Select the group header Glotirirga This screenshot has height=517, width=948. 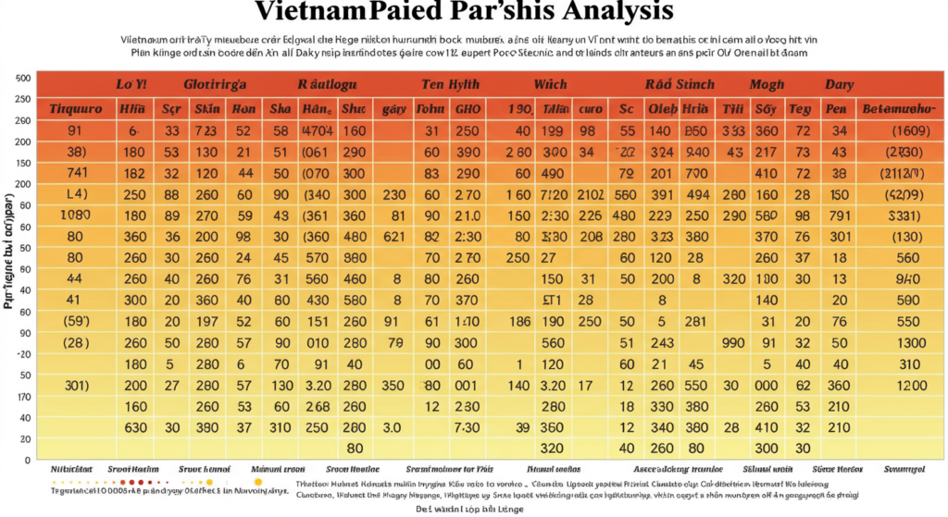(215, 84)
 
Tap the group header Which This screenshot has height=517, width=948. (550, 84)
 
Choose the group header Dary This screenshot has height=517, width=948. (839, 84)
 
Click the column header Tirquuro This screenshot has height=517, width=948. (75, 109)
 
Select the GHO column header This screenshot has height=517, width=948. (468, 109)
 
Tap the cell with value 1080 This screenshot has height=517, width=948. (75, 215)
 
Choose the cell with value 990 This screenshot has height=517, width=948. (733, 342)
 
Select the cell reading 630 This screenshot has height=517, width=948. (135, 427)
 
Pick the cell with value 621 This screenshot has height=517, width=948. (393, 237)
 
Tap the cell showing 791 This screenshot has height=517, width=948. (839, 215)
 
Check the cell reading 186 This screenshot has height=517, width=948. (520, 321)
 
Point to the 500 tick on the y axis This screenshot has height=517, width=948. (24, 79)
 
